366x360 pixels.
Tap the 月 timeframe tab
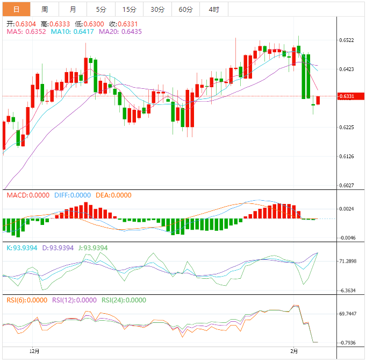point(73,9)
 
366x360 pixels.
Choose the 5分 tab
point(101,9)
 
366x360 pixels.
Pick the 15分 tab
point(129,9)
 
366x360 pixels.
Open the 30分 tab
point(157,9)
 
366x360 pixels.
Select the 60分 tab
point(185,9)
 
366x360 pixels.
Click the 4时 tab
point(213,9)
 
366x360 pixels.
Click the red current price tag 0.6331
point(348,96)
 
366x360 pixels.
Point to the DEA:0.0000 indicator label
point(113,195)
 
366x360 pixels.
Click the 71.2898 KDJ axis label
point(348,261)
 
